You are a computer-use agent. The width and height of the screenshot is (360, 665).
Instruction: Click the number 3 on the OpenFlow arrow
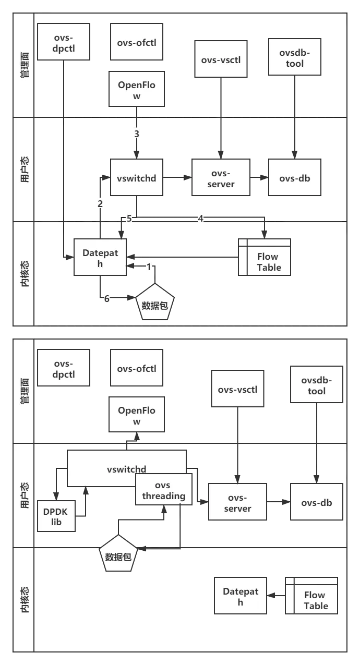137,134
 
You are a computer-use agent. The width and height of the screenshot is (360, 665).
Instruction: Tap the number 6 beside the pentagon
106,299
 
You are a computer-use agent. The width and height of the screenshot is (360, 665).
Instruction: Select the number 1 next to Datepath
149,267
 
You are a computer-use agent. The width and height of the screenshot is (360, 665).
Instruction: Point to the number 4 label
200,219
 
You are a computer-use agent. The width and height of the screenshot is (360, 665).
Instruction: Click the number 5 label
129,219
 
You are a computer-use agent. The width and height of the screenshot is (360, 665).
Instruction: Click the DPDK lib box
56,516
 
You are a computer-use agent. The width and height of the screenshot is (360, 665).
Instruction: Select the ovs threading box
163,491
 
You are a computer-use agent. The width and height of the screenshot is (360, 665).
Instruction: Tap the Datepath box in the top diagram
100,257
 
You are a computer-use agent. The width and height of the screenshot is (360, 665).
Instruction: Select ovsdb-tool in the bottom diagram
316,385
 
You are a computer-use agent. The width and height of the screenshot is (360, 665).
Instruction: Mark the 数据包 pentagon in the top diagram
154,304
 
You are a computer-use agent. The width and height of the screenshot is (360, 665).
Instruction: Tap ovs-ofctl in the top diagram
136,41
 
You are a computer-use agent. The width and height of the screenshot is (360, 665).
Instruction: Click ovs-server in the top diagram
221,178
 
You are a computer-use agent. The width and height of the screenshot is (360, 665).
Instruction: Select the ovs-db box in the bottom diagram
316,502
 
